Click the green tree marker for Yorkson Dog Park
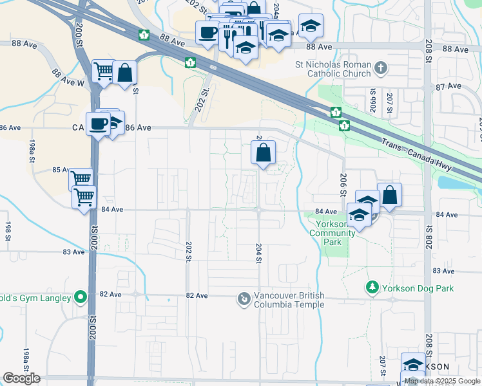pyautogui.click(x=372, y=287)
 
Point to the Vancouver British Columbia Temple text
pyautogui.click(x=289, y=300)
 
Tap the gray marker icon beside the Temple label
pyautogui.click(x=244, y=299)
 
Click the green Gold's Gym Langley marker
pyautogui.click(x=80, y=297)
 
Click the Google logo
pyautogui.click(x=21, y=378)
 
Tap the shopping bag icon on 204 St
pyautogui.click(x=263, y=153)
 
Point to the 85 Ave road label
pyautogui.click(x=60, y=170)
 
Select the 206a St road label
pyautogui.click(x=372, y=100)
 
